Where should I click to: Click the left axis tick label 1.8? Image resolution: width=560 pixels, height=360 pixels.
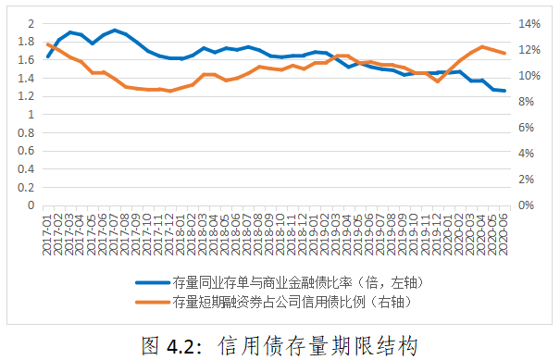tap(26, 42)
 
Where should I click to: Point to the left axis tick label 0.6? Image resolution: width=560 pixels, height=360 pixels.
tap(26, 151)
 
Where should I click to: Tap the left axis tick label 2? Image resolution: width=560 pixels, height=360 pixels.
tap(31, 23)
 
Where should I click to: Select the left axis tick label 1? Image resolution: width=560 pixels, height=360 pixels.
tap(31, 114)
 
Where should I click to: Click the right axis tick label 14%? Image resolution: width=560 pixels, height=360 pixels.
tap(529, 24)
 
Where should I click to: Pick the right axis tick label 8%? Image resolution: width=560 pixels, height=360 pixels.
tap(526, 102)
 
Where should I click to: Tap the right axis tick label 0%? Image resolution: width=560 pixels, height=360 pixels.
tap(526, 205)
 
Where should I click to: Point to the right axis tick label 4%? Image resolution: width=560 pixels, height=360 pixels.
tap(526, 154)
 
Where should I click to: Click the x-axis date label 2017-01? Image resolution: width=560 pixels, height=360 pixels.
tap(47, 234)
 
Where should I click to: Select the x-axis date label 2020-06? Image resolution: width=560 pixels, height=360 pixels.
tap(504, 234)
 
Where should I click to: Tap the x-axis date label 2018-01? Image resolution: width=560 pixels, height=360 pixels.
tap(181, 234)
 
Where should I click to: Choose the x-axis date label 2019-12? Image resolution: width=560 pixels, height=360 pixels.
tap(436, 234)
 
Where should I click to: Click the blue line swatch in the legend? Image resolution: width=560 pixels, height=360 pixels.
tap(153, 283)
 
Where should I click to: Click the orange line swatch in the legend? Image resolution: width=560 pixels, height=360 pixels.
tap(153, 302)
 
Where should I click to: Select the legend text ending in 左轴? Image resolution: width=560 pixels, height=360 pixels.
tap(298, 283)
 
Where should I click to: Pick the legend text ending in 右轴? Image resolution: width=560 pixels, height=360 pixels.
tap(292, 302)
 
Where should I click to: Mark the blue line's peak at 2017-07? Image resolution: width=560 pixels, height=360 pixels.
tap(115, 31)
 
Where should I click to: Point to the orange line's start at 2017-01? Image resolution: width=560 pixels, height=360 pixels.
tap(48, 44)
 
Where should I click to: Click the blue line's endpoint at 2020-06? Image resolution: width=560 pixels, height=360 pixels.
tap(504, 91)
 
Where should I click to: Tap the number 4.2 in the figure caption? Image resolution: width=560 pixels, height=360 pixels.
tap(180, 346)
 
